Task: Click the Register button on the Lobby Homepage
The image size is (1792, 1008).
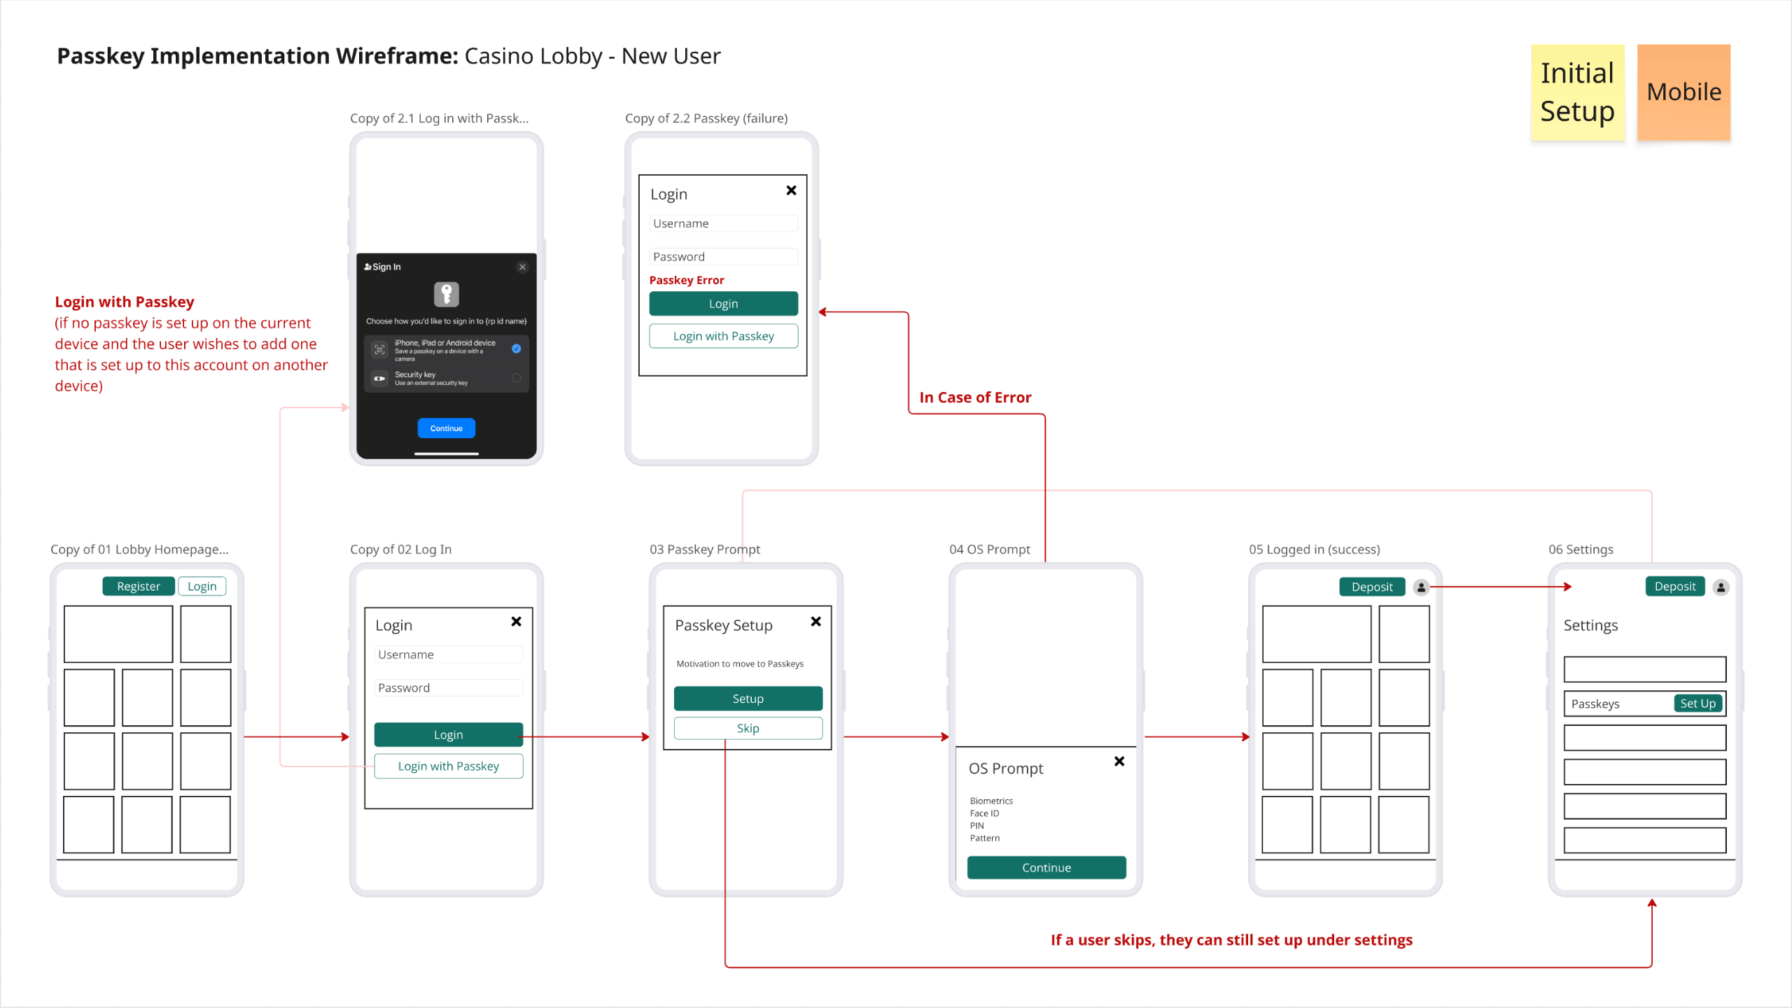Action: [138, 586]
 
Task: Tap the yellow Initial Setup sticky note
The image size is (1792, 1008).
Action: [1577, 92]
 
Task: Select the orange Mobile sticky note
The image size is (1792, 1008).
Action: [1683, 92]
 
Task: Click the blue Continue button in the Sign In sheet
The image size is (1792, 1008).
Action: [446, 428]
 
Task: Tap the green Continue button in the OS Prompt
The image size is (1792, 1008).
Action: [1046, 867]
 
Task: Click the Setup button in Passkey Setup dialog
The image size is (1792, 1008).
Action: [747, 698]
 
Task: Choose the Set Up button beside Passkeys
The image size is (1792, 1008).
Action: [1697, 703]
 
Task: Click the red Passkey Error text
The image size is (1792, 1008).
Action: [686, 280]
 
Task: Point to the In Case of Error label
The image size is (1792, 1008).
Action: [974, 397]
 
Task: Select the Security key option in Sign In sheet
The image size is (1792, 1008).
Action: [446, 378]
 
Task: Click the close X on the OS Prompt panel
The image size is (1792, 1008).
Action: [1119, 761]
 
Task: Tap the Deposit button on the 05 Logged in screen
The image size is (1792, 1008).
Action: [1371, 587]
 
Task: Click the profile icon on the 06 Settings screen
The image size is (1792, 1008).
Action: [1721, 587]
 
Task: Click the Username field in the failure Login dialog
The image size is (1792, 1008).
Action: [722, 223]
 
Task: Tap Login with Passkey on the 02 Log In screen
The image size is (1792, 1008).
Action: [448, 766]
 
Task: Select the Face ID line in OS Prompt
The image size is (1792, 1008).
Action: [984, 813]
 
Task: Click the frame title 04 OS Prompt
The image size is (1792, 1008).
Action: [989, 549]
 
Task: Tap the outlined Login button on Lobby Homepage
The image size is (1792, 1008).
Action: [202, 586]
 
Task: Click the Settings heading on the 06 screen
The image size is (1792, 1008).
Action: [1590, 625]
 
